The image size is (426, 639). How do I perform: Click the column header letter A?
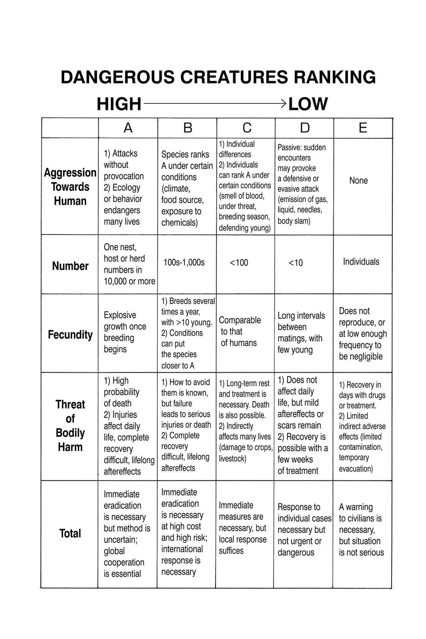pos(128,128)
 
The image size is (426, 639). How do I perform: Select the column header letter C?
pos(247,128)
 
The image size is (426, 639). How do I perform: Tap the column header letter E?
pos(363,128)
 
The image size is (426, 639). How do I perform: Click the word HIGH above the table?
pos(119,104)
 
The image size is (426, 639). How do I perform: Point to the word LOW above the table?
pos(308,104)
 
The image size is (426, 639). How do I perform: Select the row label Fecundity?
pos(70,335)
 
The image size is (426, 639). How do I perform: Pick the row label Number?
pos(70,266)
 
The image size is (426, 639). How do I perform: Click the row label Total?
pos(70,534)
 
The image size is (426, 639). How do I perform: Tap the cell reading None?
pos(359,181)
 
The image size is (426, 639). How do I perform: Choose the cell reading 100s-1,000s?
pos(184,262)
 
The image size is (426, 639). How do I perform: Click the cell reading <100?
pos(239,262)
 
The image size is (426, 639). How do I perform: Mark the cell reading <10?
pos(295,262)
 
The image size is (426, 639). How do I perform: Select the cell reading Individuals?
pos(361,262)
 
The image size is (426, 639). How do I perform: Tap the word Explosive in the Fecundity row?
pos(120,315)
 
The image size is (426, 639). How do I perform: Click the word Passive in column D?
pos(289,147)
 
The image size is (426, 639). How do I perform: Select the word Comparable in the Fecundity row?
pos(240,320)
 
